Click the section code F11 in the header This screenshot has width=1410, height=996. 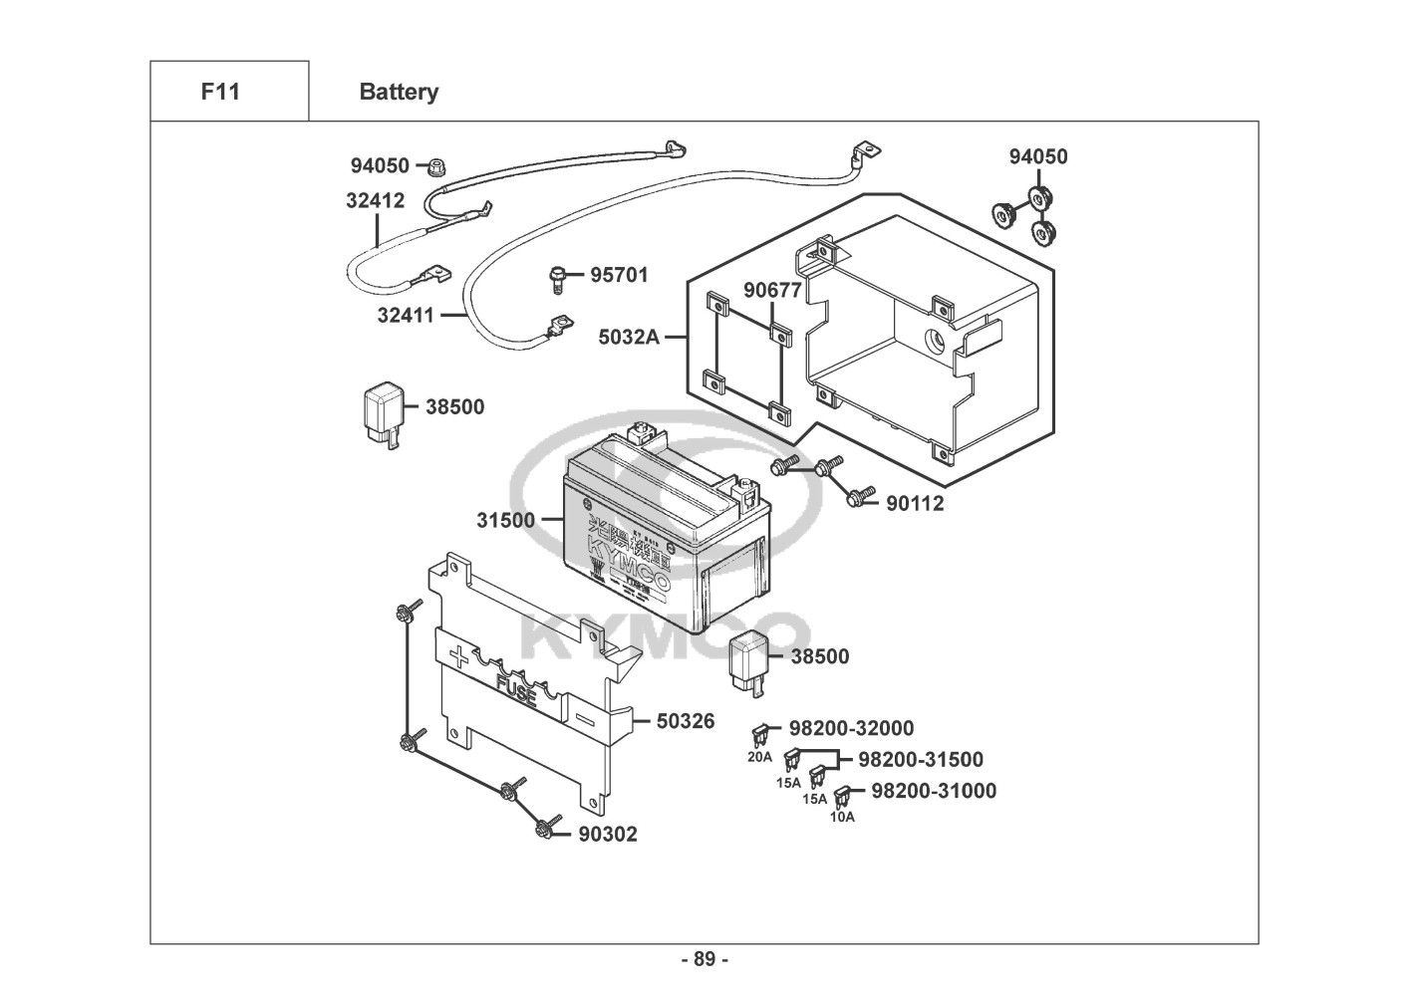click(x=220, y=92)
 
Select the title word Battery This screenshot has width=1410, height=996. click(x=399, y=92)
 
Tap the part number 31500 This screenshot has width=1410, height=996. click(x=505, y=520)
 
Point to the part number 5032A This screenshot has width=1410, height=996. click(x=629, y=337)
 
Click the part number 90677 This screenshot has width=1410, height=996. click(x=772, y=291)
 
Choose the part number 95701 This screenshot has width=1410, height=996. click(x=619, y=274)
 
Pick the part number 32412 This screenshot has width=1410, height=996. click(x=376, y=200)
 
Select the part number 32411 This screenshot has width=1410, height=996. click(x=406, y=316)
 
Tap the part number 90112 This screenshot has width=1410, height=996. click(x=915, y=503)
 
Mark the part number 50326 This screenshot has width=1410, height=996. click(x=686, y=720)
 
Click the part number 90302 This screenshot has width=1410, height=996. click(x=608, y=835)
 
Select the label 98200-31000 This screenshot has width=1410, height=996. click(x=933, y=791)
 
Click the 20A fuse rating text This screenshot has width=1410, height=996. click(x=760, y=757)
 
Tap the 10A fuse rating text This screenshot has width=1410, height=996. click(x=842, y=817)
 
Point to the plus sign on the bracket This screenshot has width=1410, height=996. click(x=458, y=656)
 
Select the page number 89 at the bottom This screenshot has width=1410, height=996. click(x=705, y=960)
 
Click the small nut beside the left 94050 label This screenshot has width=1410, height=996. click(x=435, y=166)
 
